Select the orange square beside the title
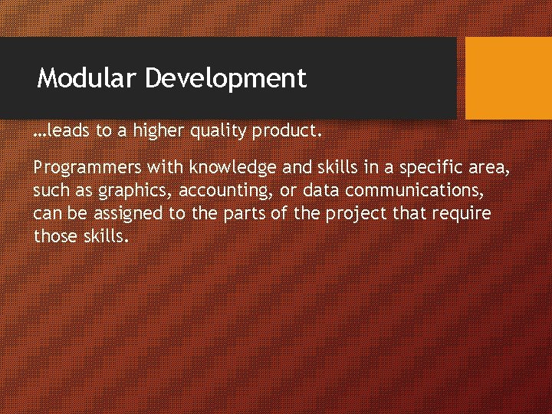click(x=508, y=78)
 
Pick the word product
click(x=283, y=132)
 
